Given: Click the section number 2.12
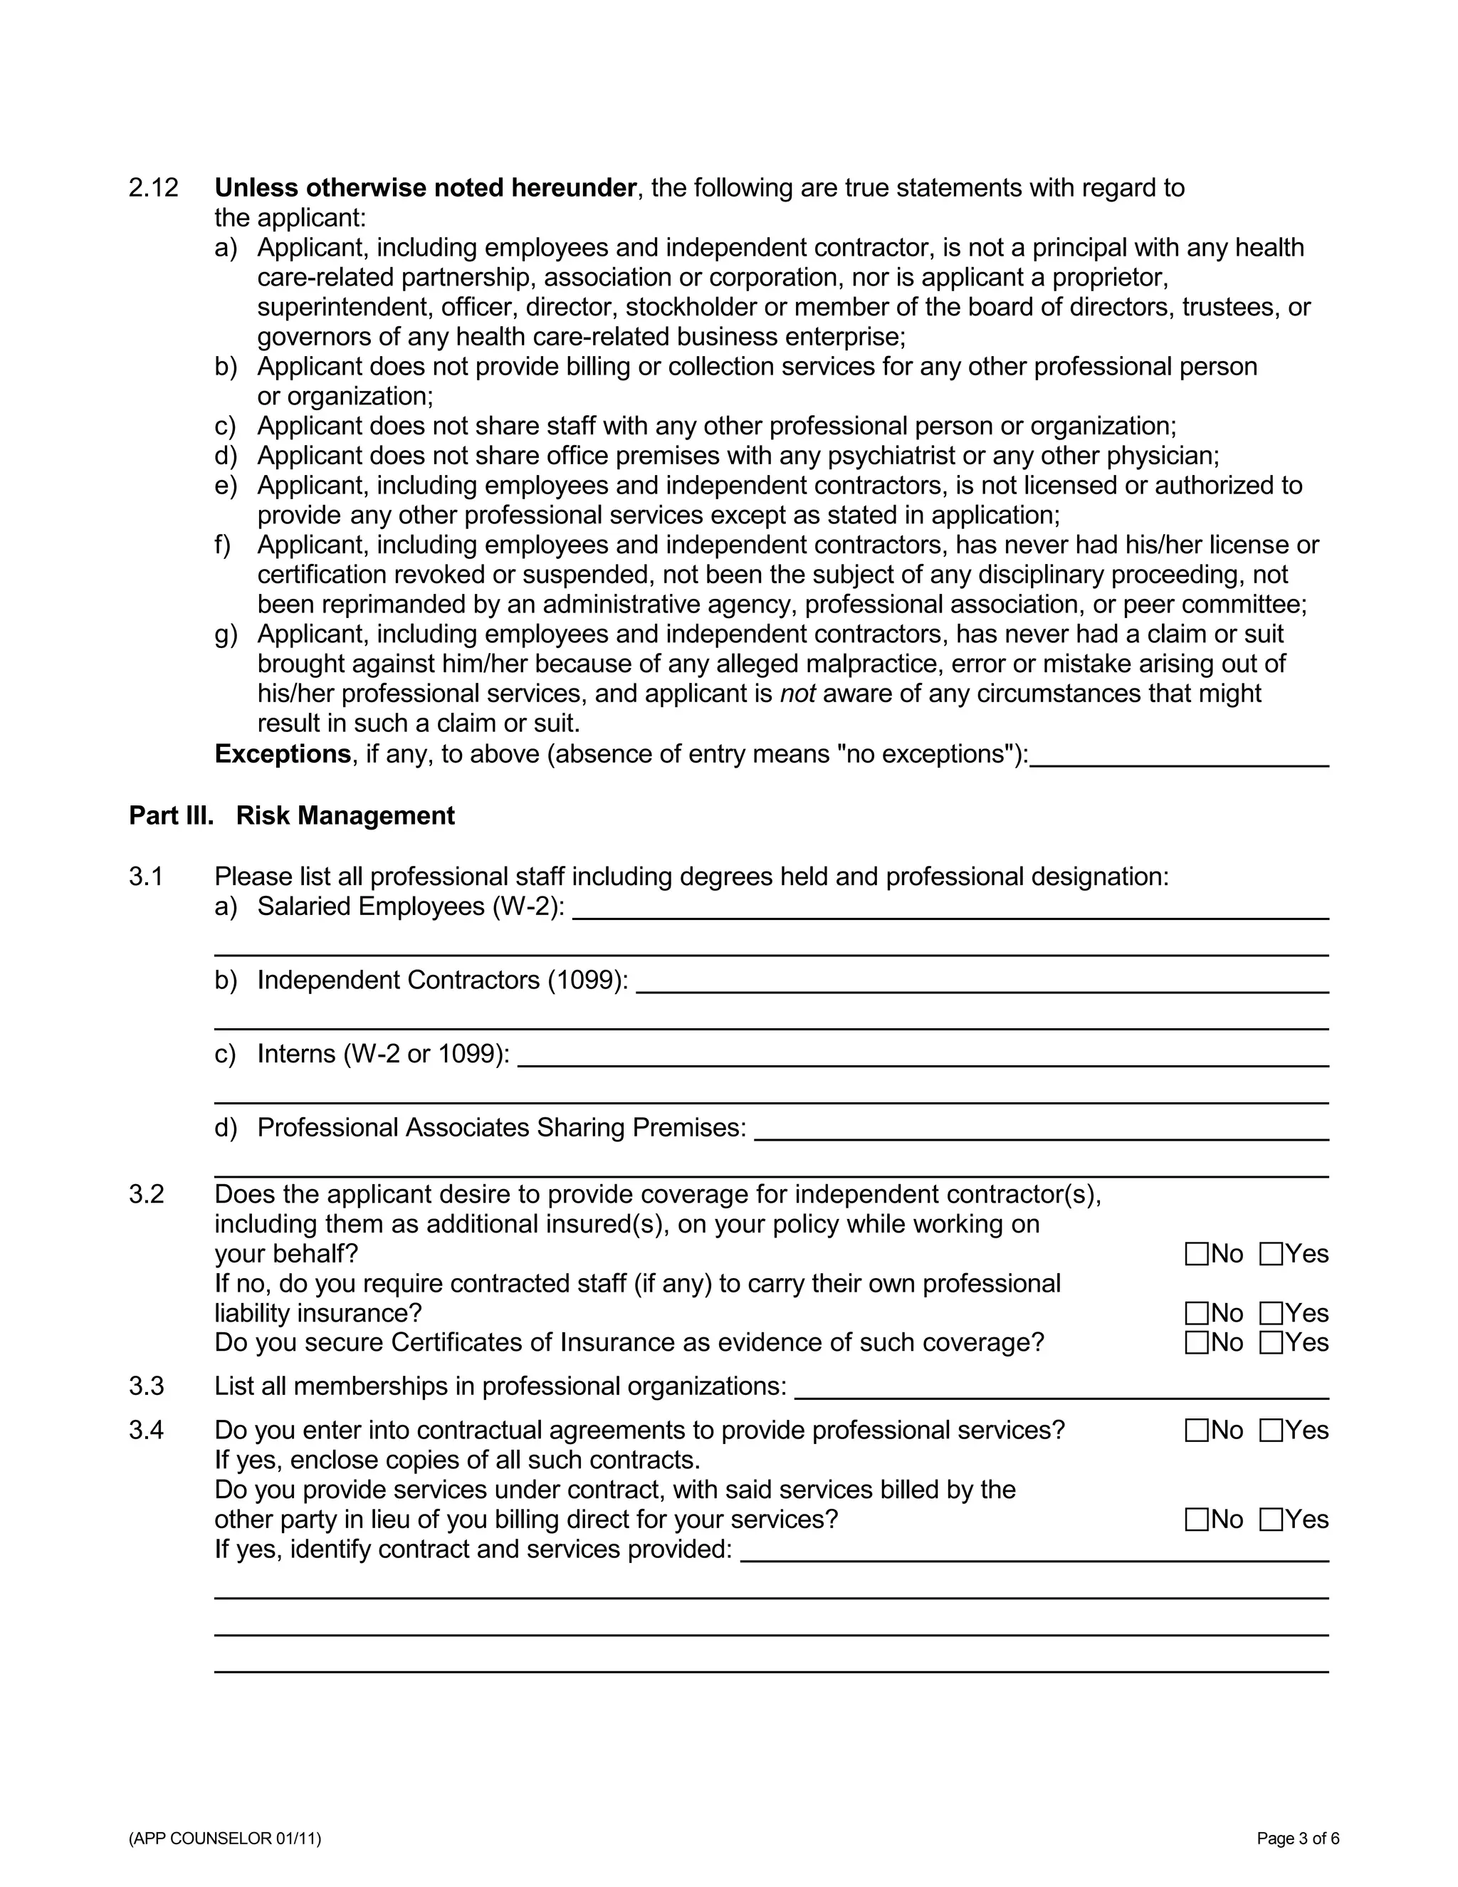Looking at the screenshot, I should pyautogui.click(x=153, y=187).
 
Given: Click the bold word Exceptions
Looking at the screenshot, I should pyautogui.click(x=283, y=754).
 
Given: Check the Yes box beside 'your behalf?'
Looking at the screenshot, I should pyautogui.click(x=1271, y=1255).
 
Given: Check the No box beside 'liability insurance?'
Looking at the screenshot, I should pyautogui.click(x=1196, y=1314).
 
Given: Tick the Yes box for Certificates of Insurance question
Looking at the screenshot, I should pyautogui.click(x=1271, y=1344).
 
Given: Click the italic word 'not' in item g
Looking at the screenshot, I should pyautogui.click(x=797, y=694).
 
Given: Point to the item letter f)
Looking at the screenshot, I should pyautogui.click(x=223, y=545).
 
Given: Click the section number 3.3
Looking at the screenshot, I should pyautogui.click(x=146, y=1386).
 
